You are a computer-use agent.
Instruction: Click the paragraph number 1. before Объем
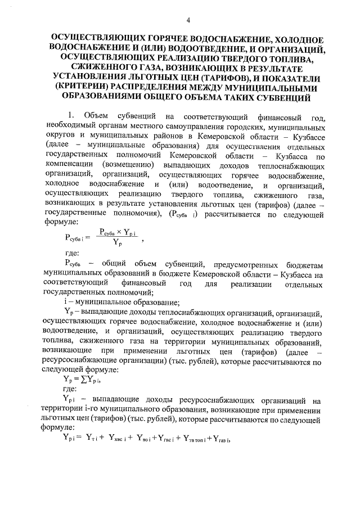pos(69,118)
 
